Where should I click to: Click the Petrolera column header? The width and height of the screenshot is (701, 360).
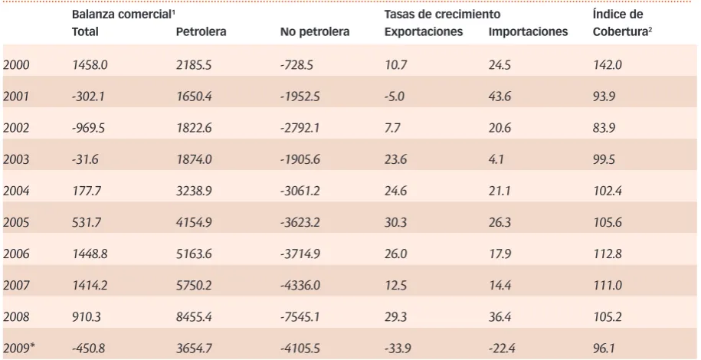click(201, 31)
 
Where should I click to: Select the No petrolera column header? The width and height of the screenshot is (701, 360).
click(315, 31)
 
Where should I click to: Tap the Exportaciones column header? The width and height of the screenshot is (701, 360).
click(424, 31)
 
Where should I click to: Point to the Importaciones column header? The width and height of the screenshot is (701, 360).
click(528, 31)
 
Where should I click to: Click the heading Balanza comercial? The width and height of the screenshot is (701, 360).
click(122, 15)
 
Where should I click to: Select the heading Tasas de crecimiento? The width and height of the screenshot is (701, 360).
click(442, 15)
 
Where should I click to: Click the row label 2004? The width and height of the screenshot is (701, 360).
click(16, 191)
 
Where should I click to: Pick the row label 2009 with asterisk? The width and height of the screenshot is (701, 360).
click(19, 348)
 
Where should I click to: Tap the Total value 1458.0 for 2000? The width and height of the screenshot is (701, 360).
click(90, 65)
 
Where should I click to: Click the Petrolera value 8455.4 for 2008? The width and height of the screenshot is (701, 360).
click(194, 316)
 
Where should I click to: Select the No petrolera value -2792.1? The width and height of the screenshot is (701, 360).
click(300, 128)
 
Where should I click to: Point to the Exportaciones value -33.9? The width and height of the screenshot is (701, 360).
click(398, 348)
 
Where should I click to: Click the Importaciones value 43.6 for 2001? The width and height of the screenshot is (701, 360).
click(500, 97)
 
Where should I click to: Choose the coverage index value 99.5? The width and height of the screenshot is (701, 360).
click(604, 159)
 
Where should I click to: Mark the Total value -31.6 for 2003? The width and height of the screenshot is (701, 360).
click(85, 159)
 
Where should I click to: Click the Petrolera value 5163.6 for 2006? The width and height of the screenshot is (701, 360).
click(194, 254)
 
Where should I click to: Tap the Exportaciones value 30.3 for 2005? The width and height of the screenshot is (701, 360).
click(395, 222)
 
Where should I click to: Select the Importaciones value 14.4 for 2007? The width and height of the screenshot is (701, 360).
click(500, 285)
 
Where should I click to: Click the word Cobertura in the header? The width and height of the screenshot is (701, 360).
click(620, 31)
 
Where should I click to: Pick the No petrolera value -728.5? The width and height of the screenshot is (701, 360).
click(296, 65)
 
